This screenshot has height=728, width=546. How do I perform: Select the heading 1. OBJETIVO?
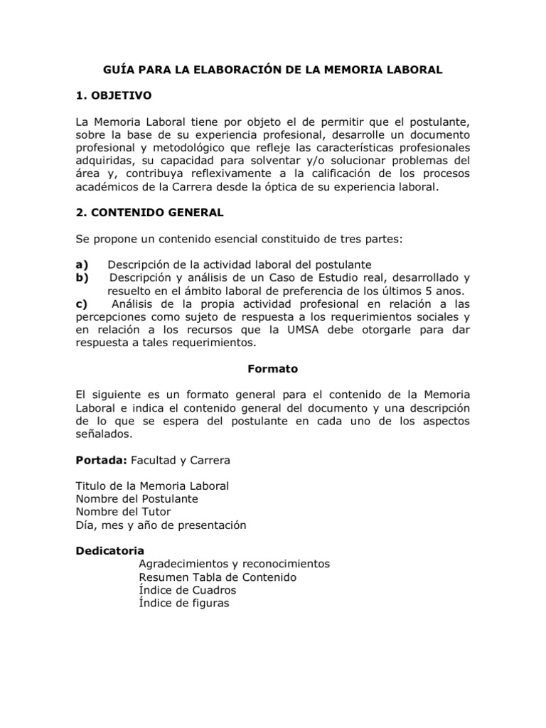(114, 95)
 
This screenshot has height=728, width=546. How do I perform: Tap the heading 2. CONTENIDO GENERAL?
(149, 213)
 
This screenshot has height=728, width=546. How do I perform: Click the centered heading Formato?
(273, 369)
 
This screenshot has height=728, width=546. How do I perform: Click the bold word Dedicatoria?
(110, 551)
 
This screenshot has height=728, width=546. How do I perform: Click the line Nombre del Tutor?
(124, 512)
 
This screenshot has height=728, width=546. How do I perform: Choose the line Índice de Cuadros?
(188, 590)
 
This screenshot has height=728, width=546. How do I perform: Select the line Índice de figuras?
(184, 604)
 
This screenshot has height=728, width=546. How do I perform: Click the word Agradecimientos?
(183, 564)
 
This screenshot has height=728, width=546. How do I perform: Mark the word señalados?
(104, 433)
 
